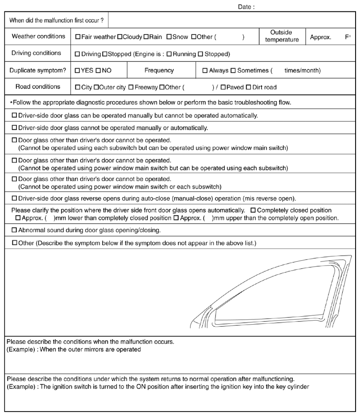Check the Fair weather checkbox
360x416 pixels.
(78, 37)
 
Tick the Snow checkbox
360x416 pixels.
(169, 37)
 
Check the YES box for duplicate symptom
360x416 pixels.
(78, 70)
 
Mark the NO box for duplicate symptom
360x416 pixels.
(99, 70)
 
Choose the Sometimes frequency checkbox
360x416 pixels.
(233, 70)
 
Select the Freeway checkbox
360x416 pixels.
(131, 87)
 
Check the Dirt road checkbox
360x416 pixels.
(248, 87)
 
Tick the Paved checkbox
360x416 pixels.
(223, 87)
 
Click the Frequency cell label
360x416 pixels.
(159, 70)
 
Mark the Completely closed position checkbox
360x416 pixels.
(253, 210)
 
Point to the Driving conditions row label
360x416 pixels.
(37, 53)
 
